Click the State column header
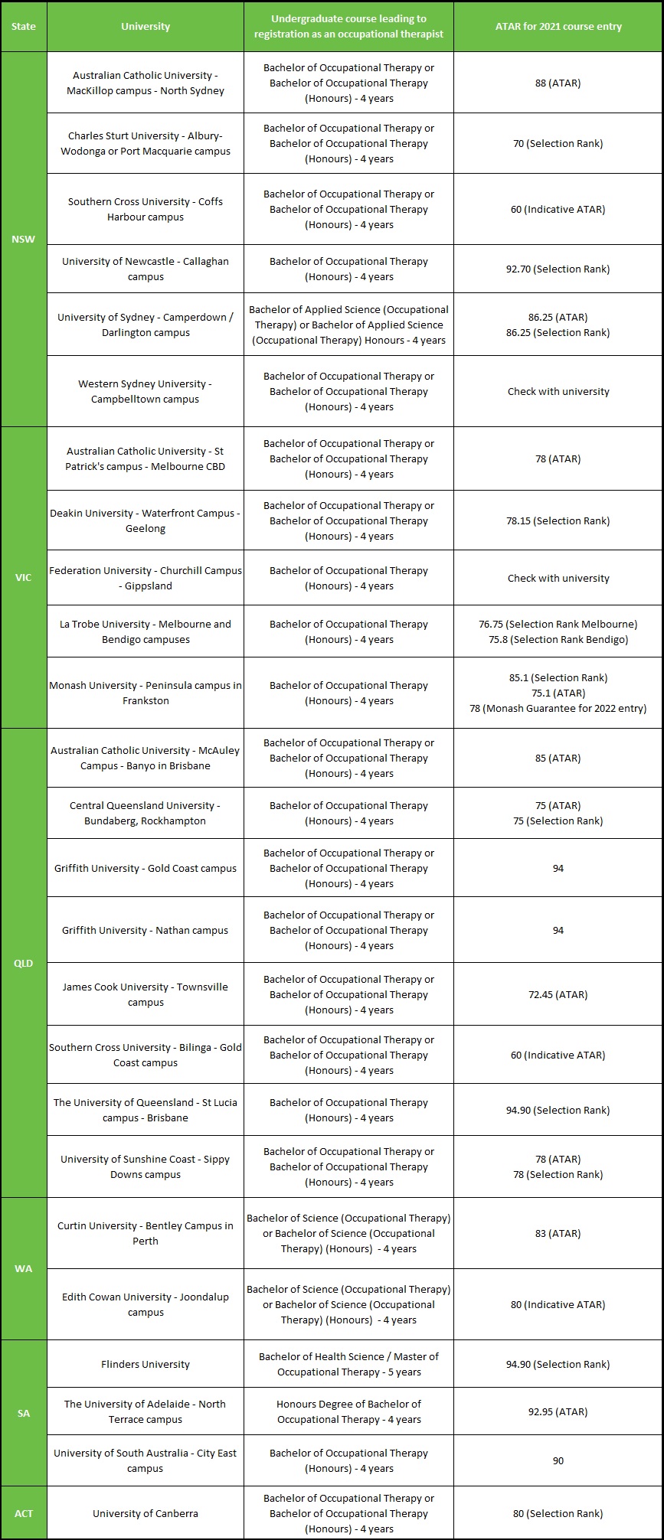point(24,26)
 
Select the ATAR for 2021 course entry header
point(558,26)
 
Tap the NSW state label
point(24,239)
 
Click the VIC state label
point(24,577)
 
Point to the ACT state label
point(24,1513)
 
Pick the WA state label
point(24,1268)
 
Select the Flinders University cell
point(146,1364)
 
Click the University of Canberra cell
point(146,1513)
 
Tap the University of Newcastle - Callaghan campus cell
point(146,269)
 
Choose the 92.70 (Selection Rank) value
point(558,269)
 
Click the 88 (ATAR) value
point(558,83)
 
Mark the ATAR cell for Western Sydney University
point(558,391)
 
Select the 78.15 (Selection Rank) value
point(558,520)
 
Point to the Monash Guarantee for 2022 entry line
point(558,708)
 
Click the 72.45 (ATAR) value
point(558,994)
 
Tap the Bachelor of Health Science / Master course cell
point(348,1364)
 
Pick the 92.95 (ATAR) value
point(558,1411)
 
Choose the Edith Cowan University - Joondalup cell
point(146,1304)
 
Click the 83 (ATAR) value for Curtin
point(558,1233)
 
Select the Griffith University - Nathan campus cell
point(146,930)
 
